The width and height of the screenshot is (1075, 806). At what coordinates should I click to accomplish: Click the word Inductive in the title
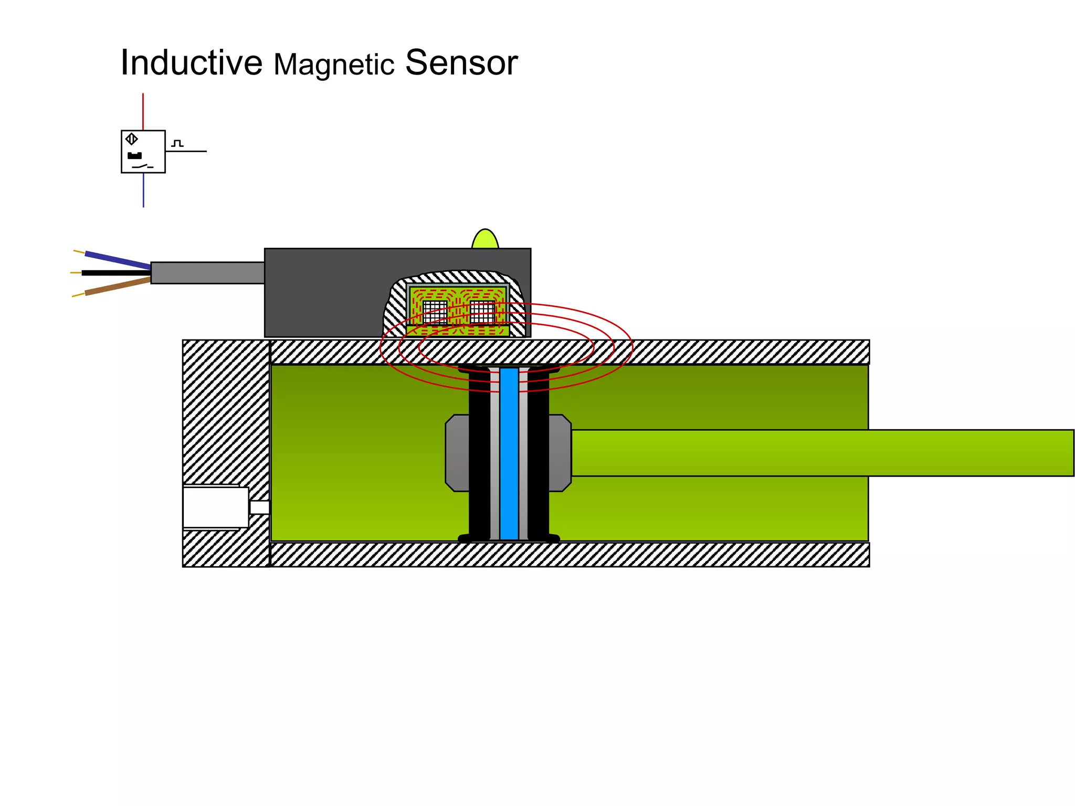(x=191, y=63)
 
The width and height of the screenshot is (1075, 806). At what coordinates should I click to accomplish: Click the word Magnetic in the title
(x=334, y=65)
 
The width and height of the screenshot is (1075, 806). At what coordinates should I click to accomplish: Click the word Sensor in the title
(x=461, y=63)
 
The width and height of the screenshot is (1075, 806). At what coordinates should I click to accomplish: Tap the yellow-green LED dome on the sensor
(x=485, y=240)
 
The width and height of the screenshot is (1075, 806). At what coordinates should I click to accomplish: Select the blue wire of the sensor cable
(x=118, y=260)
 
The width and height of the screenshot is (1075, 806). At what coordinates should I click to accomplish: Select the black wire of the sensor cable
(x=115, y=273)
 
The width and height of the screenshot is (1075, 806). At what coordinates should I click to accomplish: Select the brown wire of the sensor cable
(x=118, y=287)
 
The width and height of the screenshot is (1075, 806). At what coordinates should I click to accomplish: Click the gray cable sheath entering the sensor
(x=207, y=273)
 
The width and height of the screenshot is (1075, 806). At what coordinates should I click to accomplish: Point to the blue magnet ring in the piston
(x=509, y=454)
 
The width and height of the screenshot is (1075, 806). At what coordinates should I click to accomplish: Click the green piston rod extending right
(x=819, y=453)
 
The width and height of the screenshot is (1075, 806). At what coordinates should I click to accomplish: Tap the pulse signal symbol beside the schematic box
(x=177, y=143)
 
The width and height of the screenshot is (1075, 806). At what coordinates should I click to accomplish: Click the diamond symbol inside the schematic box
(x=132, y=139)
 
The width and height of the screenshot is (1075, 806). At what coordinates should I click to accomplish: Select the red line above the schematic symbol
(x=143, y=111)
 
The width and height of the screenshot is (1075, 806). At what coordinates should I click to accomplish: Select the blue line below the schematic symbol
(x=143, y=190)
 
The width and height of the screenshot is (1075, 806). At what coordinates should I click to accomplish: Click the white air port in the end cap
(x=215, y=507)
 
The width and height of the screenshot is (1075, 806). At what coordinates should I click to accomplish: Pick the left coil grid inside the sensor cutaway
(x=435, y=312)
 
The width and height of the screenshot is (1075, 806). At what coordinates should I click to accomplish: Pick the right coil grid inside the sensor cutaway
(x=482, y=312)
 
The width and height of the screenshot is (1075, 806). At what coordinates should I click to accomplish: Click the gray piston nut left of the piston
(x=457, y=453)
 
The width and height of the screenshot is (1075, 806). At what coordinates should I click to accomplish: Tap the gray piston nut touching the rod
(x=560, y=453)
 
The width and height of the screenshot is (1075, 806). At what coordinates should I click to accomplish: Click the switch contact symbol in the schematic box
(x=142, y=166)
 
